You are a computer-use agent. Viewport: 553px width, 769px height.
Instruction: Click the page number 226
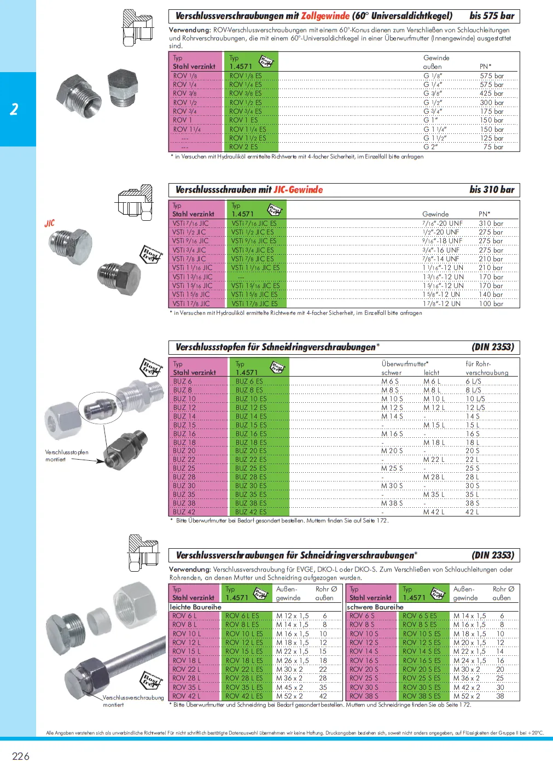[x=21, y=756]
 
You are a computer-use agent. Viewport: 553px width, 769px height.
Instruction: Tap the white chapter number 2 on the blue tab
[x=14, y=109]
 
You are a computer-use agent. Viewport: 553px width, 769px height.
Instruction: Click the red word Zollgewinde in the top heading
[x=325, y=16]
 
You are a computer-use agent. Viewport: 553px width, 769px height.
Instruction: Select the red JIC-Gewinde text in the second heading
[x=298, y=190]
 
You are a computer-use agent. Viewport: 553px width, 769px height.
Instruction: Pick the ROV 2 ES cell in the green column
[x=243, y=147]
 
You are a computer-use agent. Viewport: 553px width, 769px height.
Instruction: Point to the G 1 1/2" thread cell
[x=435, y=138]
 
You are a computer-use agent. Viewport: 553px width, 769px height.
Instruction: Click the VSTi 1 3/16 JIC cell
[x=192, y=277]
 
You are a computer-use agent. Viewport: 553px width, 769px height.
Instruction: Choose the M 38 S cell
[x=392, y=503]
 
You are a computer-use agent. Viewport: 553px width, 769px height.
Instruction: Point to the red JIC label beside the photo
[x=50, y=224]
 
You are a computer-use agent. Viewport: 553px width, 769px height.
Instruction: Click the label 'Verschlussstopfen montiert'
[x=66, y=456]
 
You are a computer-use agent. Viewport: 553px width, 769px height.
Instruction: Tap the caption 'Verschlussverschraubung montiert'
[x=133, y=701]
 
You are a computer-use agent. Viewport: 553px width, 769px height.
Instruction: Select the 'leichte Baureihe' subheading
[x=195, y=607]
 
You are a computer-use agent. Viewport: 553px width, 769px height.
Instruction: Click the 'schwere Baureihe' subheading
[x=375, y=607]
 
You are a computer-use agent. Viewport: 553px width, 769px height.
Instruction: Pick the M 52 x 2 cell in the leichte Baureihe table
[x=289, y=696]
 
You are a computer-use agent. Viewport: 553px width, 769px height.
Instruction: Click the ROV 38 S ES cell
[x=421, y=696]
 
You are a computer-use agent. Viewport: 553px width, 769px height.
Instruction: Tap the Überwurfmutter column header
[x=405, y=363]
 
